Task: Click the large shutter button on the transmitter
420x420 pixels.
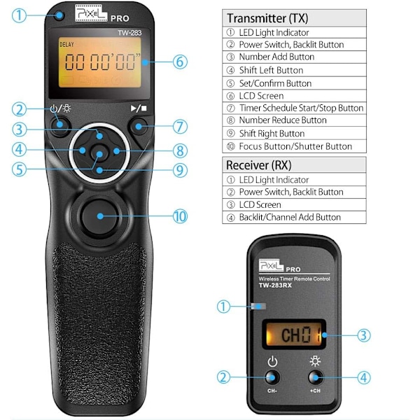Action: (99, 216)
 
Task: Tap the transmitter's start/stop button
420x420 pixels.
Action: (138, 126)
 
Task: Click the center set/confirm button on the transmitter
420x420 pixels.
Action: (99, 153)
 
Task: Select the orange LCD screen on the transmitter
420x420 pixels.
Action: (100, 62)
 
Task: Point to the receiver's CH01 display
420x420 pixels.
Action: (294, 335)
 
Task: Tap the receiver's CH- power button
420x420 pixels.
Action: (272, 377)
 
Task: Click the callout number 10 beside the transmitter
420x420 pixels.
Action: (180, 216)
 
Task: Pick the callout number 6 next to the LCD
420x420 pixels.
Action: (180, 62)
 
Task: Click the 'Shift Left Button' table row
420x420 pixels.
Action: (295, 70)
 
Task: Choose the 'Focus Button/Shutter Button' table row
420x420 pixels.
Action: (295, 146)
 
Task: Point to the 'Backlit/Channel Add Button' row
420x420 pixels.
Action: (295, 217)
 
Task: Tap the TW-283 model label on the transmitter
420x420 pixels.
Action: (129, 33)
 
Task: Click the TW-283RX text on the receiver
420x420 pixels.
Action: (275, 286)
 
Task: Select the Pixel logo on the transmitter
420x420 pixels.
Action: (91, 13)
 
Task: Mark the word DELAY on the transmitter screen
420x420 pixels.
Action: (66, 45)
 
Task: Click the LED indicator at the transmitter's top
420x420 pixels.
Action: (59, 15)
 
